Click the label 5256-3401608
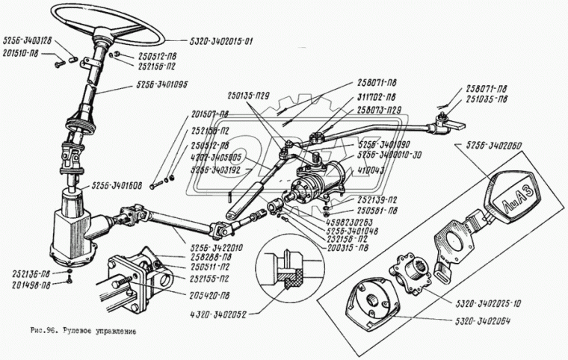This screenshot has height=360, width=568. tap(117, 186)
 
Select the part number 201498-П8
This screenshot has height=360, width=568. tap(26, 285)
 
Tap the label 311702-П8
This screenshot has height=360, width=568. tap(376, 98)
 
